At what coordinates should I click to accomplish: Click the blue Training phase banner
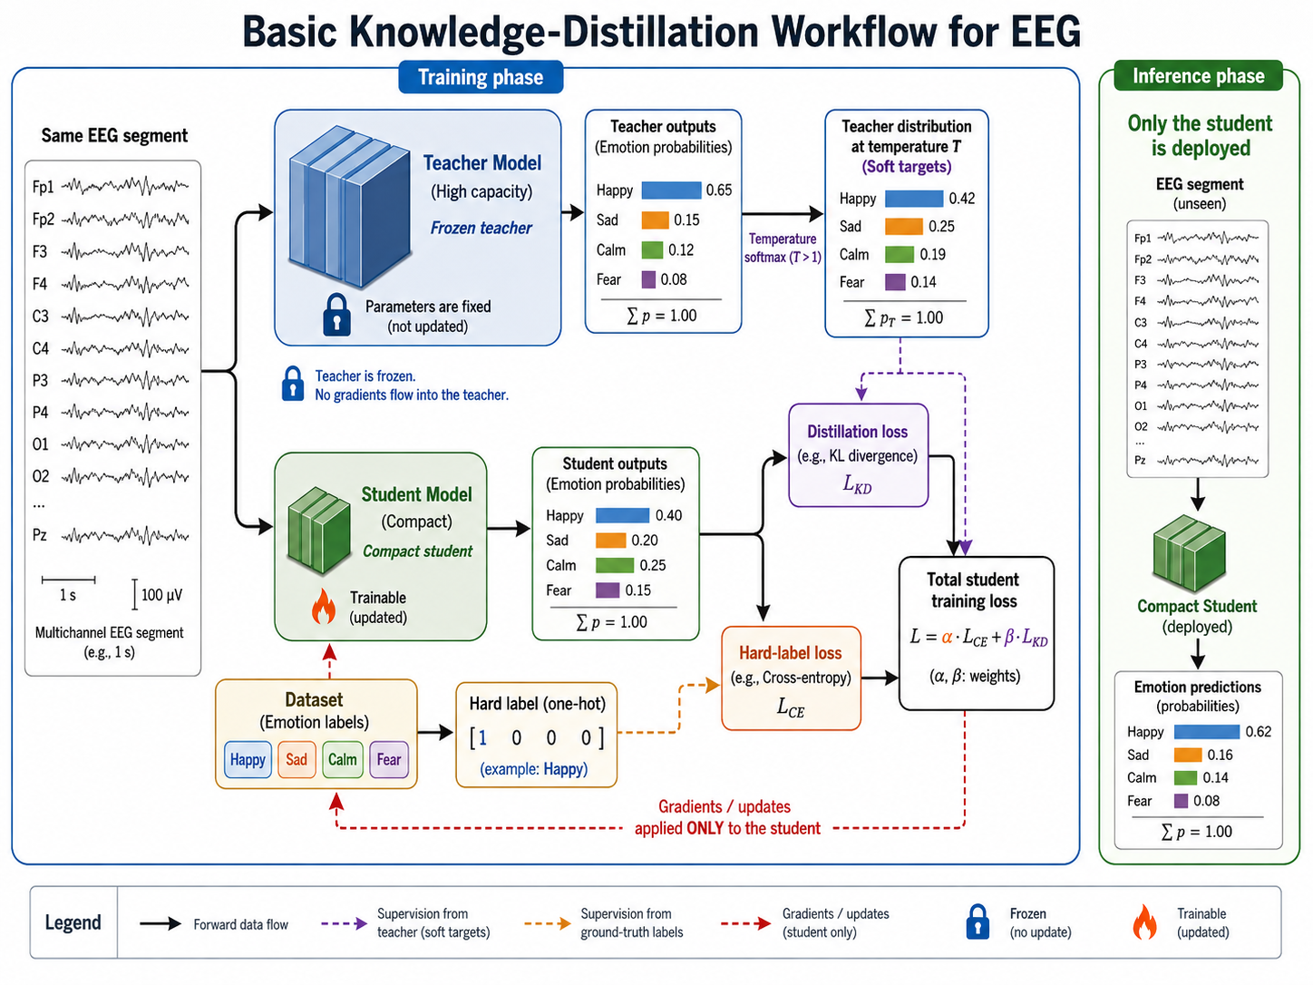(481, 77)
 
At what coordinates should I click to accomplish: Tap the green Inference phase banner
(1198, 76)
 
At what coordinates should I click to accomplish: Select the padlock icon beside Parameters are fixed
(336, 315)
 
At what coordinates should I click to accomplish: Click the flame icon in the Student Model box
(324, 606)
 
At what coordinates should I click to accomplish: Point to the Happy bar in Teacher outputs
(671, 190)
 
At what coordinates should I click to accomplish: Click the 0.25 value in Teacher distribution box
(941, 227)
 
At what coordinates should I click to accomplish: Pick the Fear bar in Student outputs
(608, 590)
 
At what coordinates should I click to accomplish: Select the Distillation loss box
(859, 455)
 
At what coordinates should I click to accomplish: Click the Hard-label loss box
(791, 678)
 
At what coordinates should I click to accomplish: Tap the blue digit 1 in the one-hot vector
(482, 738)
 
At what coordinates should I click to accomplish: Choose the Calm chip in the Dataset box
(342, 759)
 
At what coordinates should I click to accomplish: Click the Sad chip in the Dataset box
(297, 759)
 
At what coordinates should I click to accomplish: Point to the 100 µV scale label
(161, 595)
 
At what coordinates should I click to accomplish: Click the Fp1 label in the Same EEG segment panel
(43, 187)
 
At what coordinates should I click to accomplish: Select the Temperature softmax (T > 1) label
(783, 249)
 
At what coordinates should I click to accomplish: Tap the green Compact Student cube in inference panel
(1189, 553)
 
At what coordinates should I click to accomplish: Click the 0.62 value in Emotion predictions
(1258, 731)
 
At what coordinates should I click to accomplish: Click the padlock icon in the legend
(977, 922)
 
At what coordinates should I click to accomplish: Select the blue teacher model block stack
(349, 206)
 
